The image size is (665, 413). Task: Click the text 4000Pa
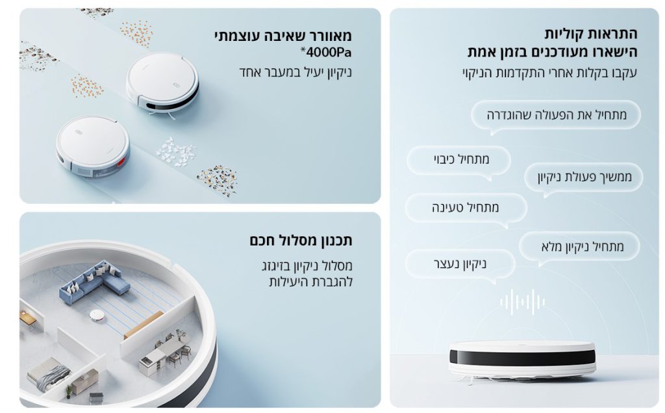pos(326,52)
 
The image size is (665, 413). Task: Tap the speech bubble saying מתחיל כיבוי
pos(459,160)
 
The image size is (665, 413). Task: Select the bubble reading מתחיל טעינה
pos(466,208)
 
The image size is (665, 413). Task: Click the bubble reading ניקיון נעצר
pos(460,264)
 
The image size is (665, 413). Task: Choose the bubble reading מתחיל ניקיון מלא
pos(579,246)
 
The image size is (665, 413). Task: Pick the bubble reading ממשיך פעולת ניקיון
pos(584,177)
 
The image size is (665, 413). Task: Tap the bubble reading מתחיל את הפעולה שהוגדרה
pos(556,115)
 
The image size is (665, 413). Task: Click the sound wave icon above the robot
pos(522,302)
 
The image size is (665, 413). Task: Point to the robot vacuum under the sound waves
pos(522,360)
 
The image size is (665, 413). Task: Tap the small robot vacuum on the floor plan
pos(97,316)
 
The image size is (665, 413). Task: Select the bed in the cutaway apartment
pos(48,374)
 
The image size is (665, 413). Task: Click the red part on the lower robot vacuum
pos(121,161)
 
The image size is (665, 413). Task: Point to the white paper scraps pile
pos(175,152)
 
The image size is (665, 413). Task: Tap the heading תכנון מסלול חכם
pos(301,241)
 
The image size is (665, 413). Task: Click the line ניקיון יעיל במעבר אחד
pos(295,72)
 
